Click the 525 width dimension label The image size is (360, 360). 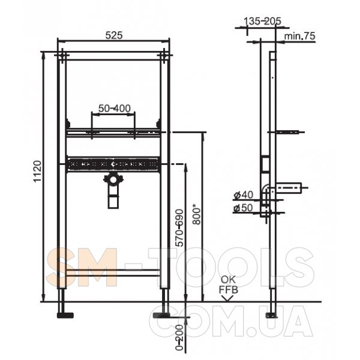coord(114,35)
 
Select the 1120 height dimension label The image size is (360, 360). coord(37,171)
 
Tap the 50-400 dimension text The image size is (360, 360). coord(115,109)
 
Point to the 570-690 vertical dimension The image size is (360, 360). coord(179,228)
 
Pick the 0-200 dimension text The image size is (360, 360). coord(179,337)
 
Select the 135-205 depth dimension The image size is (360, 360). coord(262,22)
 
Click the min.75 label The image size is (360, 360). coord(299,36)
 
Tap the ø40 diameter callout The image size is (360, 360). coord(244,195)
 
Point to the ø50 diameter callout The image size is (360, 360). coord(244,208)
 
